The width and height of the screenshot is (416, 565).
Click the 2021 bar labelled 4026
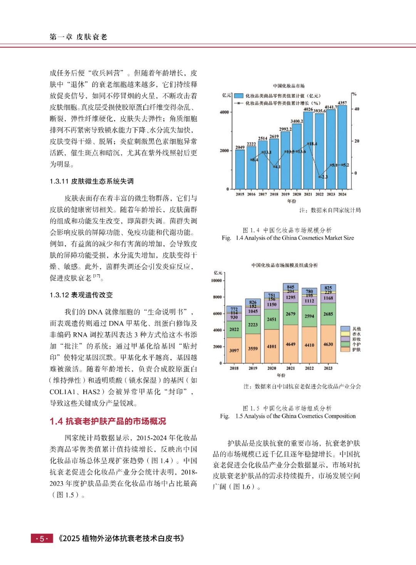[308, 150]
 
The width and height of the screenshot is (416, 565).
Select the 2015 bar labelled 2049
[240, 169]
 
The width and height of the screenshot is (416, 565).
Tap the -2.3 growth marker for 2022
[320, 177]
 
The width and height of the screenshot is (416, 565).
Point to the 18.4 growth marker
[309, 144]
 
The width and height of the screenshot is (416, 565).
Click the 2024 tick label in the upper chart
[342, 194]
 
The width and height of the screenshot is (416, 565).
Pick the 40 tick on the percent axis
[357, 109]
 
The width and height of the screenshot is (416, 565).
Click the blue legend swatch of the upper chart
[239, 96]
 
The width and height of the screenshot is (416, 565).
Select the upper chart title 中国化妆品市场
[289, 86]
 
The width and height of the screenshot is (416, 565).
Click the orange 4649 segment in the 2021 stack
[290, 344]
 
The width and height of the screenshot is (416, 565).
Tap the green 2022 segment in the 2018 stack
[234, 329]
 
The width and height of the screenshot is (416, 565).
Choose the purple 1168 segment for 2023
[328, 298]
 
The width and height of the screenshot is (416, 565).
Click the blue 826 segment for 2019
[253, 302]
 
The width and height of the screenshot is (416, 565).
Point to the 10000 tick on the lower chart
[216, 280]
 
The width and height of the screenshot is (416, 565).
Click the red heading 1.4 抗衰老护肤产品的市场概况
[108, 421]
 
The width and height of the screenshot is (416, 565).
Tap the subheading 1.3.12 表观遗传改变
[81, 295]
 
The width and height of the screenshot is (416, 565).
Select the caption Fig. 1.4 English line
[288, 238]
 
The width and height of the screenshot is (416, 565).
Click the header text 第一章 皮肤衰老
[78, 37]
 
